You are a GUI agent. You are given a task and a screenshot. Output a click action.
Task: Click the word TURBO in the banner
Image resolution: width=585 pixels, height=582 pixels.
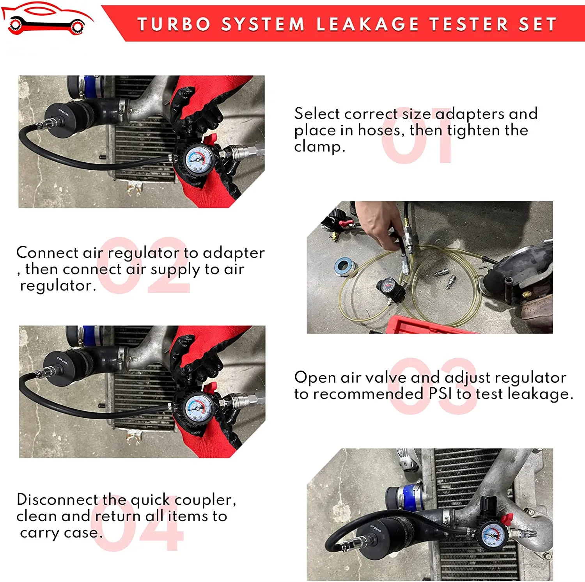coord(174,24)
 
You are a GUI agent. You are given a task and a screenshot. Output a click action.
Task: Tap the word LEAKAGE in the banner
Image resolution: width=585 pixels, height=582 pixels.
coord(367,24)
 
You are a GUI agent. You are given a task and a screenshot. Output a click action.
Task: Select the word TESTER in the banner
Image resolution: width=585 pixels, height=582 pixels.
coord(469,24)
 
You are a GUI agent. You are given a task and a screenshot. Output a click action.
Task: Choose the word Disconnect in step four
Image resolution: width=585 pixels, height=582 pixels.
coord(57,499)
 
